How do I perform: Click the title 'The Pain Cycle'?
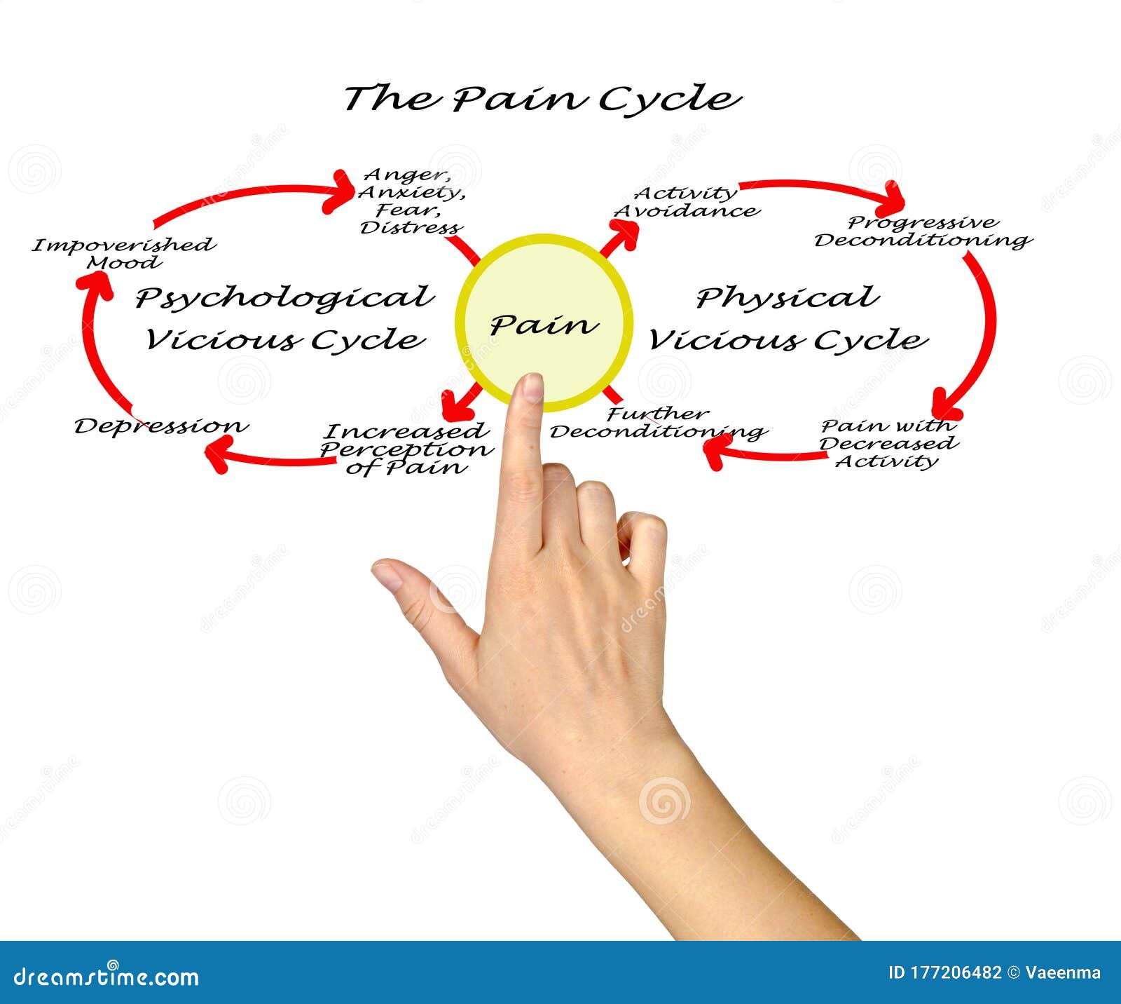(542, 98)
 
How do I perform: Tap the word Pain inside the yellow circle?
(544, 325)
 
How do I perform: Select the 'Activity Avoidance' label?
(687, 202)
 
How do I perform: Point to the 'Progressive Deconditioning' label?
(923, 232)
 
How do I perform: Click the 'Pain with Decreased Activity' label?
(888, 444)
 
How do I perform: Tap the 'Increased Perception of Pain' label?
(406, 449)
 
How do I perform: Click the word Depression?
(161, 426)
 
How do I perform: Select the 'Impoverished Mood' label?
(123, 254)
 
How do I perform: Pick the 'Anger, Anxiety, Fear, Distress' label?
(411, 201)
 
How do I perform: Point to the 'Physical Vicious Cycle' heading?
(788, 318)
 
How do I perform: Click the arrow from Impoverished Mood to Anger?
(252, 196)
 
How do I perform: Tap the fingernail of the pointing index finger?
(533, 386)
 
